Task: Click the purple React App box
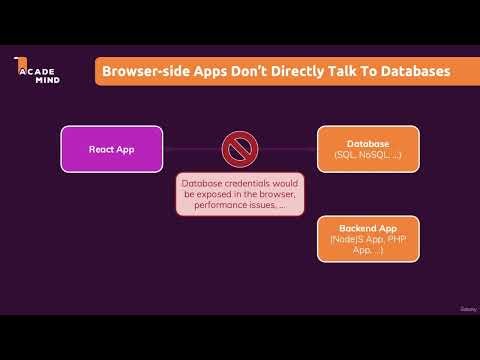(x=112, y=149)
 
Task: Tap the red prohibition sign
(x=238, y=150)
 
